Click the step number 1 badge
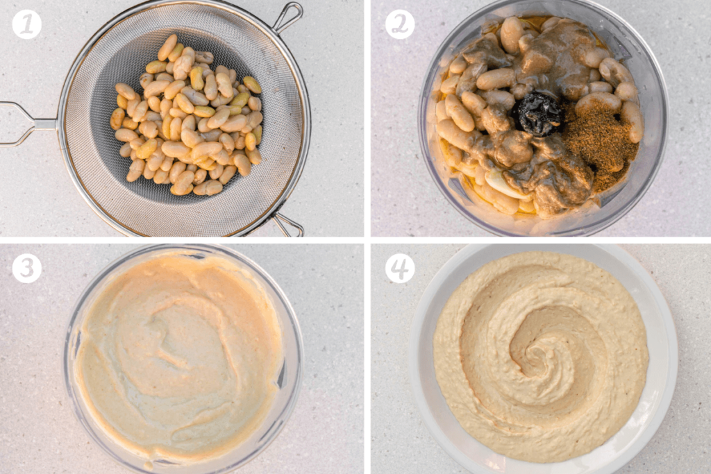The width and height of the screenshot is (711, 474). pyautogui.click(x=26, y=25)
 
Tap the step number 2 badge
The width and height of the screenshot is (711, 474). pyautogui.click(x=400, y=25)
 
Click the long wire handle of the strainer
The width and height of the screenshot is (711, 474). pyautogui.click(x=21, y=124)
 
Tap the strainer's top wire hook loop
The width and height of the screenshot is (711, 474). pyautogui.click(x=289, y=15)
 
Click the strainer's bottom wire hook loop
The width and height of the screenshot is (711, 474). pyautogui.click(x=289, y=224)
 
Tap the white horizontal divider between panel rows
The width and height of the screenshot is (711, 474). pyautogui.click(x=181, y=239)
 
